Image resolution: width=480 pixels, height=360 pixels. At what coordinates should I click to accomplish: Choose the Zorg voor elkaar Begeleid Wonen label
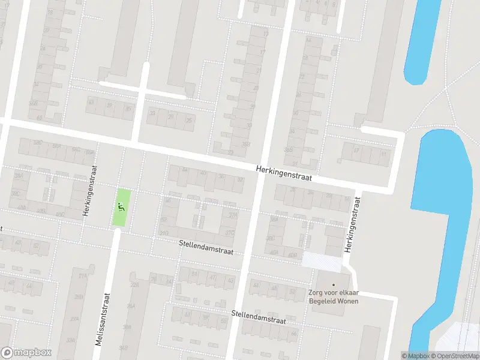tap(334, 296)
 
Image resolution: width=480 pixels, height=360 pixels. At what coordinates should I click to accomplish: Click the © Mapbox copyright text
tap(415, 356)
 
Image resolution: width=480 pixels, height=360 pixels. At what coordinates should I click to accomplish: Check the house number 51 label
tap(194, 274)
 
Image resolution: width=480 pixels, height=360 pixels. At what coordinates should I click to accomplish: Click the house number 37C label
tap(229, 233)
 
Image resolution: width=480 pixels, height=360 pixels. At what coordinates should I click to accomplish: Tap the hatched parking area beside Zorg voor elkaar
tap(321, 260)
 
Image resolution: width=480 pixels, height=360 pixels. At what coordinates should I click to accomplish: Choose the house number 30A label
tap(127, 327)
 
